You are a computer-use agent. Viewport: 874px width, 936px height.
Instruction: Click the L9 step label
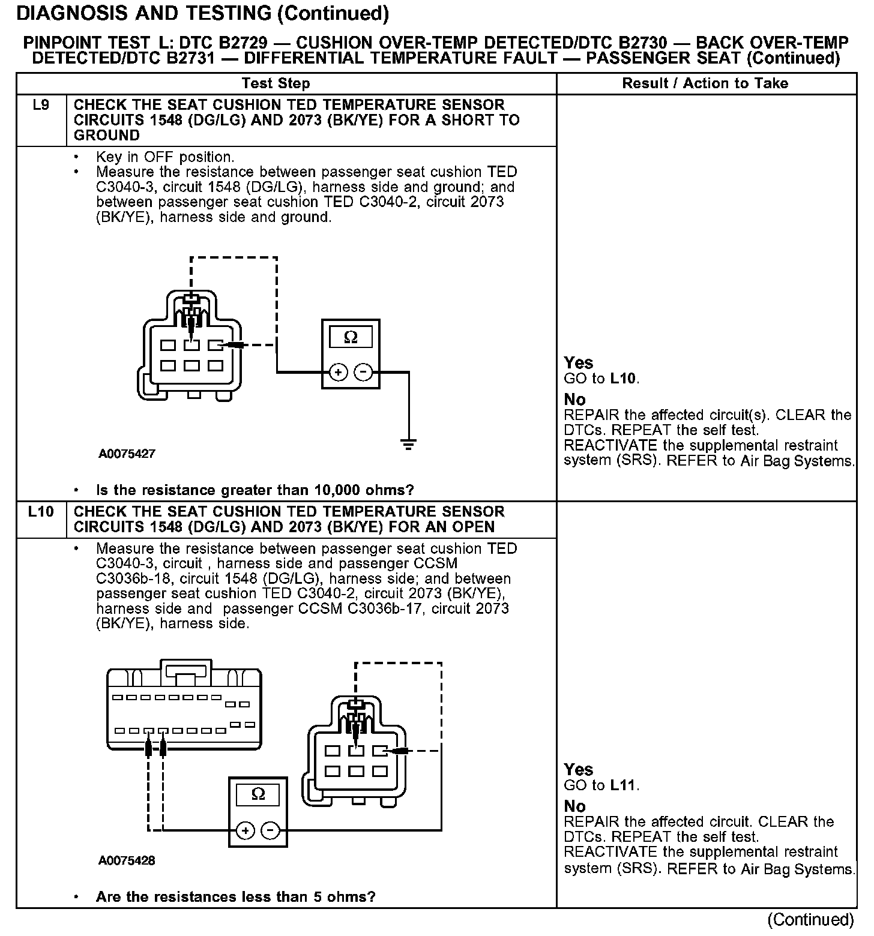[x=41, y=106]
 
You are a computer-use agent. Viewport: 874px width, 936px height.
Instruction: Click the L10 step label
[x=41, y=512]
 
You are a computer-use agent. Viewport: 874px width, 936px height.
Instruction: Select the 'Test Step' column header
[x=276, y=83]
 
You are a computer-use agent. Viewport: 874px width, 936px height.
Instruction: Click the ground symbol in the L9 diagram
[x=409, y=445]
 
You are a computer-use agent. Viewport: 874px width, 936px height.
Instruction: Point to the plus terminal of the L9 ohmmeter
[x=339, y=373]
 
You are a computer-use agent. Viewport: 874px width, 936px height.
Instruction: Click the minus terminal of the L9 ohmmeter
[x=363, y=373]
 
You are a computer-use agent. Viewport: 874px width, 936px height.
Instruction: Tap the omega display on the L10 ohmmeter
[x=258, y=794]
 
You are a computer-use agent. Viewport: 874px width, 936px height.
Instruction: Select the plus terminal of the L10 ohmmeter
[x=245, y=830]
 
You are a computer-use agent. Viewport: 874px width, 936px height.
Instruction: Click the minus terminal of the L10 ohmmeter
[x=271, y=830]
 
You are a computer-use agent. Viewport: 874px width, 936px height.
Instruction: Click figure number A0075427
[x=127, y=454]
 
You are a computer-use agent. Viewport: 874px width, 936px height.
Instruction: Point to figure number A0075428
[x=127, y=861]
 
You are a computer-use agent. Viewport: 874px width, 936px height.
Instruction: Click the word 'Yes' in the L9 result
[x=578, y=363]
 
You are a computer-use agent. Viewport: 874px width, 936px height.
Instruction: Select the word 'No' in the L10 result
[x=574, y=806]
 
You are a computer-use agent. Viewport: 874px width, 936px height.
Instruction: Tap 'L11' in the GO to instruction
[x=624, y=785]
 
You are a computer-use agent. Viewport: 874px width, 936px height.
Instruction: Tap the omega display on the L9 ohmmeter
[x=351, y=337]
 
